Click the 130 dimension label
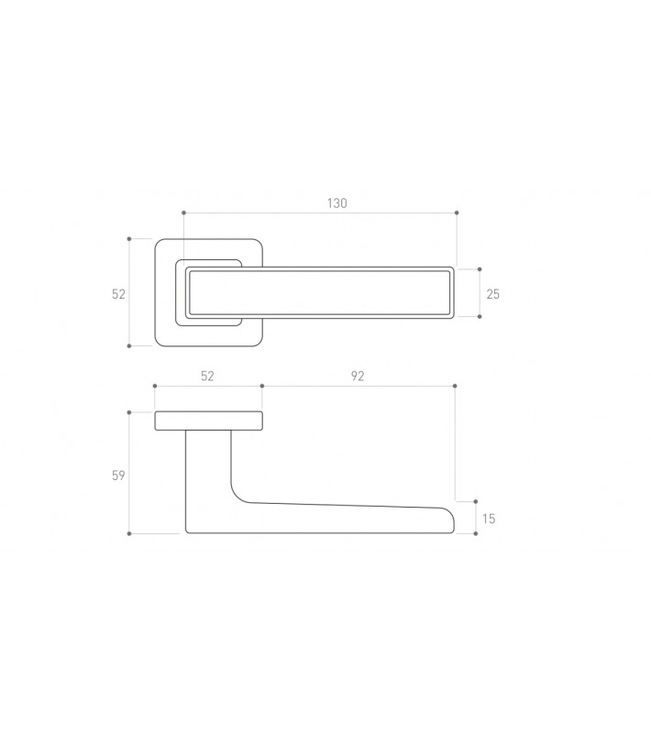(337, 203)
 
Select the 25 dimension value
(493, 294)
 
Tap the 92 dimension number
(358, 376)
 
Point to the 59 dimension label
(118, 475)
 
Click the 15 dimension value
(489, 519)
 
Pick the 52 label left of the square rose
(118, 294)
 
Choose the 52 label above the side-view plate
(207, 376)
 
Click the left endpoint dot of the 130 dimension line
(183, 213)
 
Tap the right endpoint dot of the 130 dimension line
(457, 213)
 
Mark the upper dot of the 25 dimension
(480, 269)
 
